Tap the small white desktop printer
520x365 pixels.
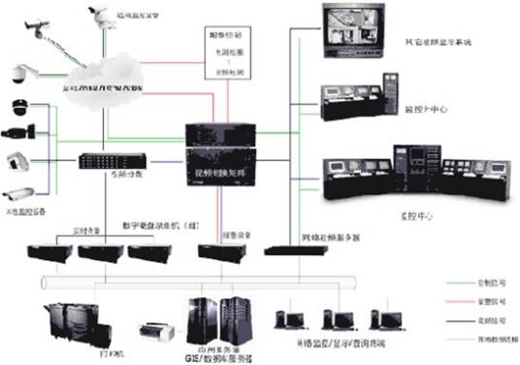(x=155, y=332)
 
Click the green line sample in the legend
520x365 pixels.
(x=467, y=278)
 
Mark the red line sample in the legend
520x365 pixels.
(x=467, y=296)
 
